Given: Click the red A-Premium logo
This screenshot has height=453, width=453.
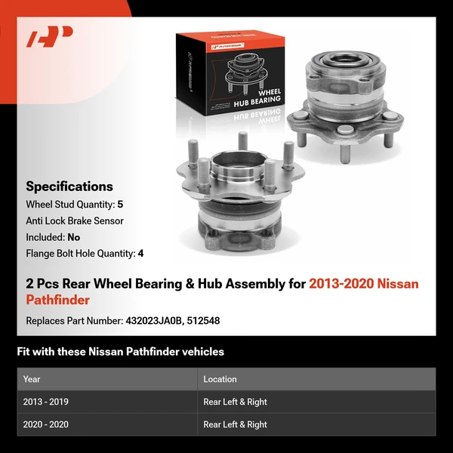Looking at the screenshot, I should click(50, 37).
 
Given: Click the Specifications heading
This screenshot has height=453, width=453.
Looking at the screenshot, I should click(69, 186).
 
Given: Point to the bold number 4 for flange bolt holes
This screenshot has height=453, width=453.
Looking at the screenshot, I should click(140, 254).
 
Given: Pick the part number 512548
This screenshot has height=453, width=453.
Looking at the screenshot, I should click(205, 321).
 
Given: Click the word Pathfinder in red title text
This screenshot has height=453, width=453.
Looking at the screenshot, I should click(57, 300).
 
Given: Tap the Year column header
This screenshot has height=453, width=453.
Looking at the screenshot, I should click(32, 379).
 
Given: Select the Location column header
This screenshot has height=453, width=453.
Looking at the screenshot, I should click(220, 379).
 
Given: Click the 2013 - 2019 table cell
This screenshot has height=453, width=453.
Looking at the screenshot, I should click(46, 402).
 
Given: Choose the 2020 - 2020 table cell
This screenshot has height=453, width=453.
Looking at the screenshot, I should click(46, 424).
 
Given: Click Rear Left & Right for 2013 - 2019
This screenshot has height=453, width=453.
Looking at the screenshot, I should click(235, 402).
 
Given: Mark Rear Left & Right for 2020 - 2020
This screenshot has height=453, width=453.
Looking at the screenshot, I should click(235, 424).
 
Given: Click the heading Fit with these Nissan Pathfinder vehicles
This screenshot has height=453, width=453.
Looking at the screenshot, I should click(120, 352).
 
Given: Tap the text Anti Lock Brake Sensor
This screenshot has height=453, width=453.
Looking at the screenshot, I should click(75, 221).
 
